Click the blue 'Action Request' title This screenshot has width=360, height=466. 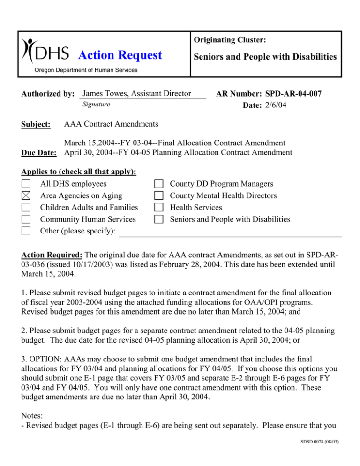120,55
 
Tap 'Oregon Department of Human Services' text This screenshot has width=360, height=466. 82,70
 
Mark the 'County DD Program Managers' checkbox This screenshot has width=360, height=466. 159,184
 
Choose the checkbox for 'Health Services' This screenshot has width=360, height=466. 159,207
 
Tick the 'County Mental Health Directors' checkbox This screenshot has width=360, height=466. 159,196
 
